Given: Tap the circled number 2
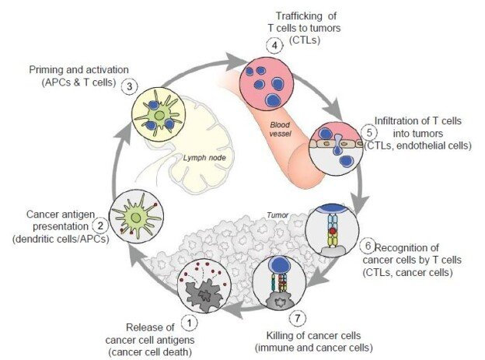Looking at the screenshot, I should tap(99, 226).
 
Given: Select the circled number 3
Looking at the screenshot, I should tap(132, 86).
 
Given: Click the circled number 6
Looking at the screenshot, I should tap(369, 244).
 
